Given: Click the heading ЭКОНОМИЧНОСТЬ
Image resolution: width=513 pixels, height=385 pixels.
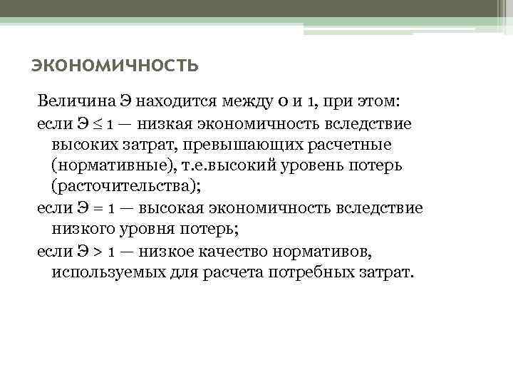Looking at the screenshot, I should [115, 67].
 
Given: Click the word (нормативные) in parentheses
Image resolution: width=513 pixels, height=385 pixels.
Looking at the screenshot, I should [105, 166].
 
